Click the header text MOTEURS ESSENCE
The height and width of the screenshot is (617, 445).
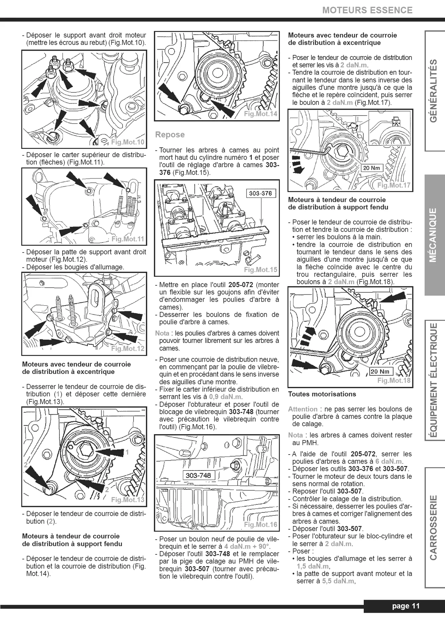tap(367, 10)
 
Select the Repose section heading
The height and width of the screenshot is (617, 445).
tap(170, 135)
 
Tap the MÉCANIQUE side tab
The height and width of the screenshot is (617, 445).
tap(433, 235)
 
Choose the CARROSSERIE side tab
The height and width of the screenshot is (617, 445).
tap(433, 527)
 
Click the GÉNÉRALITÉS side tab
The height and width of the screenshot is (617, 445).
tap(433, 91)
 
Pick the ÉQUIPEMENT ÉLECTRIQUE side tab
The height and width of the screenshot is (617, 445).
tap(433, 380)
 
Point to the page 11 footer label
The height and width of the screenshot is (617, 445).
tap(406, 606)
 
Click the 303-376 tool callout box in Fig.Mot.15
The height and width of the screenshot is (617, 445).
tap(261, 193)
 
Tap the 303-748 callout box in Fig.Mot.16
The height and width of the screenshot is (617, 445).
tap(198, 475)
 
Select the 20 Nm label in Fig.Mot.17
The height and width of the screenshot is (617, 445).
tap(371, 168)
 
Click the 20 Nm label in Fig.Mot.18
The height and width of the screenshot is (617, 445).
tap(380, 372)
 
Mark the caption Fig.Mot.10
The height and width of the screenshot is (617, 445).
tap(128, 143)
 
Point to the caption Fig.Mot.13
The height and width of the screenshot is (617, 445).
tap(128, 500)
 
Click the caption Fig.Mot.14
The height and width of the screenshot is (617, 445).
tap(260, 114)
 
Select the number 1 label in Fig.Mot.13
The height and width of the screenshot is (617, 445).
tap(127, 452)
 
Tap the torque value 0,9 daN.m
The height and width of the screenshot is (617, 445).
tap(225, 397)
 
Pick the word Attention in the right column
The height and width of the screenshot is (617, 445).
tap(303, 409)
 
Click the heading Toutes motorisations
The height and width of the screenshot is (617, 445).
tap(322, 394)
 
